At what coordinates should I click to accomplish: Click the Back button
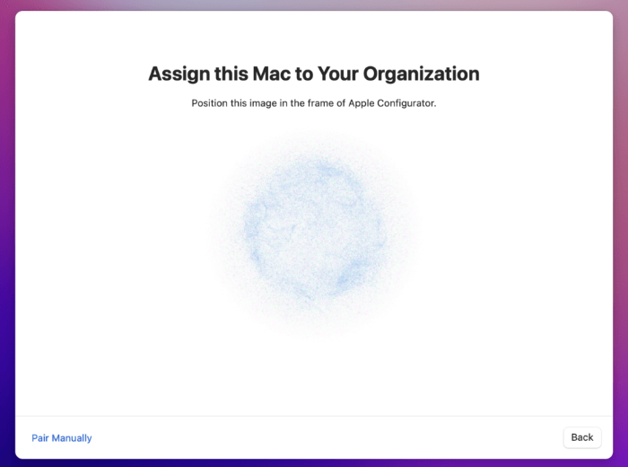click(582, 437)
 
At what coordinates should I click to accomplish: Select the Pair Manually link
click(62, 438)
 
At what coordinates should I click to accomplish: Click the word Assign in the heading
click(179, 75)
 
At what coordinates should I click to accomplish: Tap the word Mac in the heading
click(272, 74)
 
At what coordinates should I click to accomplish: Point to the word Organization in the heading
click(421, 75)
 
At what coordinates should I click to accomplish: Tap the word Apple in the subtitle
click(360, 103)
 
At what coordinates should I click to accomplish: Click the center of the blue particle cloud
click(314, 232)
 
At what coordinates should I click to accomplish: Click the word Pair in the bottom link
click(40, 438)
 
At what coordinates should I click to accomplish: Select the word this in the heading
click(231, 74)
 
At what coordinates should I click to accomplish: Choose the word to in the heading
click(304, 75)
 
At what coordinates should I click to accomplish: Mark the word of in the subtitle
click(341, 103)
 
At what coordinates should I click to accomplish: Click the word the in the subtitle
click(298, 103)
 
